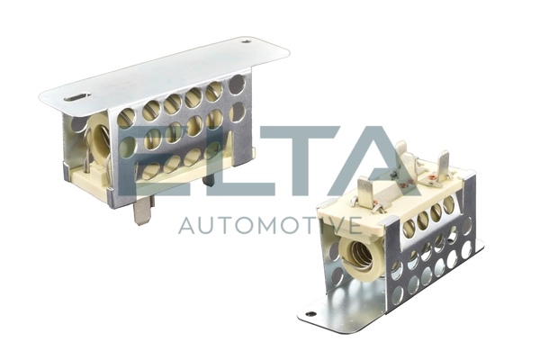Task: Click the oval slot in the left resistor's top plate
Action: coord(76,97)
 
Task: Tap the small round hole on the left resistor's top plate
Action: coord(246,41)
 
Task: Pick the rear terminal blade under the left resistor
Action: coord(210,179)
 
